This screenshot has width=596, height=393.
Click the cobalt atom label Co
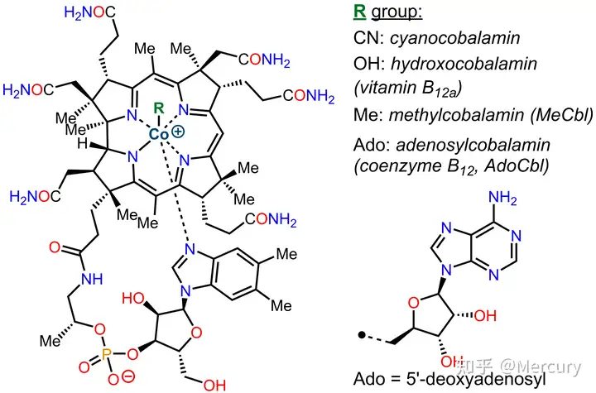[x=158, y=134]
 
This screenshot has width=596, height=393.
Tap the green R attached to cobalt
[x=158, y=108]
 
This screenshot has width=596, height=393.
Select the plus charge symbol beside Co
[x=178, y=132]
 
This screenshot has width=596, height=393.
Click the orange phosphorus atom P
[x=106, y=355]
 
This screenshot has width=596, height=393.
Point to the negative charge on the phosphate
[x=128, y=376]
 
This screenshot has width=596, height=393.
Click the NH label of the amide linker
[x=92, y=280]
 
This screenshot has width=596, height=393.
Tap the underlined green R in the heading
[x=359, y=12]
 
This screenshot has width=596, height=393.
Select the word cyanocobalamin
[x=455, y=38]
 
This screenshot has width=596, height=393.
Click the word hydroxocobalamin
[x=464, y=64]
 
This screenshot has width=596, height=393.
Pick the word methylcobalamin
[x=457, y=114]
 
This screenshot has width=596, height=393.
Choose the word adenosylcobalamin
[x=473, y=145]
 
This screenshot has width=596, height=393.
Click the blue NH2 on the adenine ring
[x=502, y=198]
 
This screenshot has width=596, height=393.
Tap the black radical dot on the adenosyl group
[x=362, y=335]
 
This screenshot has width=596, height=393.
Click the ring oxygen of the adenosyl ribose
[x=414, y=303]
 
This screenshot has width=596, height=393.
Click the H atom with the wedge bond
[x=82, y=144]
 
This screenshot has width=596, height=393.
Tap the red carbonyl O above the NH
[x=55, y=247]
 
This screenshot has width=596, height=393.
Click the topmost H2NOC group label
[x=89, y=12]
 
